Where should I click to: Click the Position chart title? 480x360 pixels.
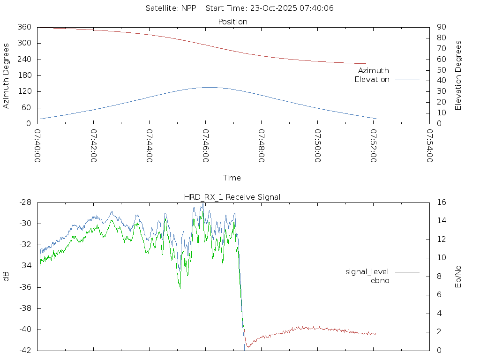coord(232,22)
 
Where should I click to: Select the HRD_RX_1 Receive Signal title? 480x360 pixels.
coord(232,197)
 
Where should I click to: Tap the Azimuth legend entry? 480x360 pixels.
coord(374,71)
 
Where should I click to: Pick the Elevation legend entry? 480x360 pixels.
coord(372,80)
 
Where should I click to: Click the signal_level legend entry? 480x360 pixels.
coord(367,272)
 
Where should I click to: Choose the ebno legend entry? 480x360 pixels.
coord(380,281)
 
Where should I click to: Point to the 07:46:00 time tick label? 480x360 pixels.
coord(205,146)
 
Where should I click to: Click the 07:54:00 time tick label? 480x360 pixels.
coord(429,146)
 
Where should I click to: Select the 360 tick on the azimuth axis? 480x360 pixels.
coord(24,27)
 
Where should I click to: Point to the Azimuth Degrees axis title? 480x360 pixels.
coord(7,75)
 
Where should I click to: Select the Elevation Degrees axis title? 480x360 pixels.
coord(458,75)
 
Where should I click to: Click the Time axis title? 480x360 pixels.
coord(232,178)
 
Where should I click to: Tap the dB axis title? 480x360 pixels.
coord(7,277)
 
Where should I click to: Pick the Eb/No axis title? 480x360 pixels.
coord(458,277)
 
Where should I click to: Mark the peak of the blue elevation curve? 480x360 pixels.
coord(209,87)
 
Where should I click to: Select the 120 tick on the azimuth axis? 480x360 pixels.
coord(24,91)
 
